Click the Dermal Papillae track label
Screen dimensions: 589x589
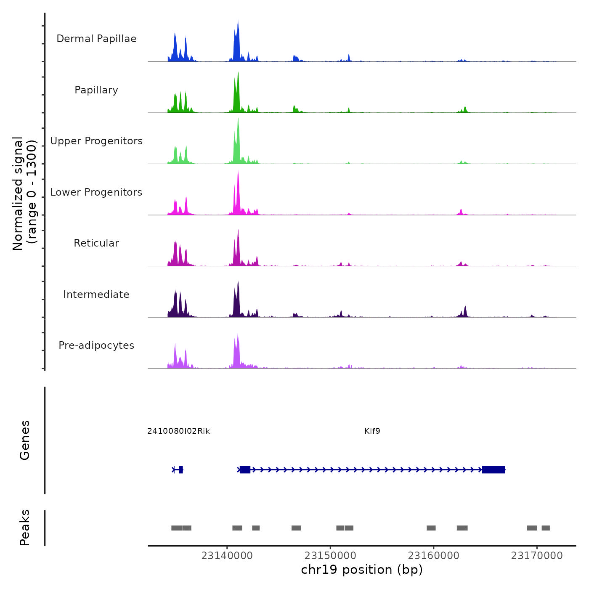[x=96, y=39]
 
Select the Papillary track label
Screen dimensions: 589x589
[x=96, y=90]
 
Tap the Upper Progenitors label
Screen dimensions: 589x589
[x=96, y=141]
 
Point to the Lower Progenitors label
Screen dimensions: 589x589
[x=96, y=192]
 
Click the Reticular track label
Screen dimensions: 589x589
[x=96, y=243]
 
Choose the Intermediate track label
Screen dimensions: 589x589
[x=96, y=294]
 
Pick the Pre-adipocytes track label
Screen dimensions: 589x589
[x=96, y=345]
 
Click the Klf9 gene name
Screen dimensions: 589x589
[x=372, y=431]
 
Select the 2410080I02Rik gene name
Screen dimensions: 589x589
[x=178, y=431]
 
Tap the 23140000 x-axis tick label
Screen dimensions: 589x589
[x=227, y=555]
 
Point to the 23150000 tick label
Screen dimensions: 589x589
[x=330, y=555]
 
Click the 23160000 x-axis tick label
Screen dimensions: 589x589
[x=434, y=555]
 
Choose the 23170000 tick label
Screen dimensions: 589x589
[x=537, y=555]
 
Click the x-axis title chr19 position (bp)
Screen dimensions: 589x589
[x=362, y=570]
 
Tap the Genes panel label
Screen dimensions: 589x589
[x=25, y=440]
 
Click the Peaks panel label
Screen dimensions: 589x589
[x=25, y=528]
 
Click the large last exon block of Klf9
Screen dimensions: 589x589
[x=493, y=470]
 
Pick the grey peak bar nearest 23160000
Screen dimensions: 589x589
[x=431, y=528]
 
